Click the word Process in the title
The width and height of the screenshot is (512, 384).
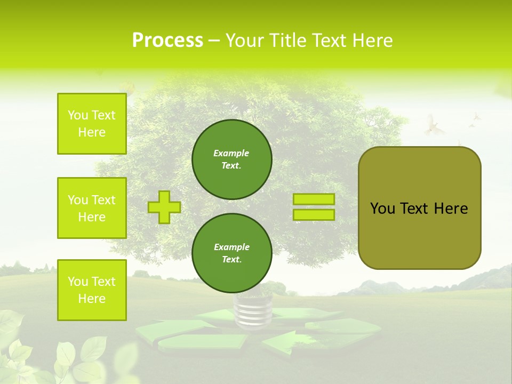point(167,41)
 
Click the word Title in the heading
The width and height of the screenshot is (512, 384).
point(286,41)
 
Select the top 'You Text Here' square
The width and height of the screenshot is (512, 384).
point(92,124)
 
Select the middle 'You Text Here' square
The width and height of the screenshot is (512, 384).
point(92,208)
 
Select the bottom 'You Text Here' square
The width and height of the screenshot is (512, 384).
point(92,290)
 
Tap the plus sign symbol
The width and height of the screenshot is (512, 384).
point(164,207)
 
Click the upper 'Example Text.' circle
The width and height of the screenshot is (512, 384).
point(232,159)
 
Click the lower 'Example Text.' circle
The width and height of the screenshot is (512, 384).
point(232,253)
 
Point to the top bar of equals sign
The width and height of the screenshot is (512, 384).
point(314,199)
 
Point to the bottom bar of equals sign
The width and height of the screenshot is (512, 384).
point(314,215)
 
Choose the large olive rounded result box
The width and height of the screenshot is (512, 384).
point(419,208)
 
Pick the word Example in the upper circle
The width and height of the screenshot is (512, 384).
point(231,153)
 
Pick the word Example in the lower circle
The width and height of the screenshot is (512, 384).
point(231,247)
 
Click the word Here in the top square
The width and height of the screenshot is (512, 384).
point(92,132)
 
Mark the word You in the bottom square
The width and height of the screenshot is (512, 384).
point(77,282)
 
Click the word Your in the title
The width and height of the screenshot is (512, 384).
point(245,41)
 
